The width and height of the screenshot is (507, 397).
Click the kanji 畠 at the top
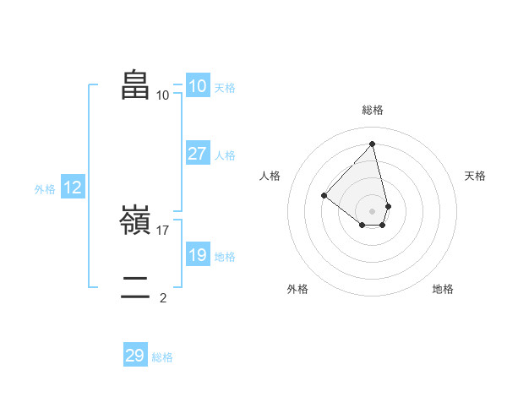tap(135, 84)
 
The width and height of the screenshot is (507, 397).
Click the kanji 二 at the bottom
tap(135, 287)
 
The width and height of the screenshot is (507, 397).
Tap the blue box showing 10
tap(197, 86)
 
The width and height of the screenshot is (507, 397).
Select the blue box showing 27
tap(197, 154)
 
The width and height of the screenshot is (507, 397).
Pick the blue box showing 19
tap(197, 255)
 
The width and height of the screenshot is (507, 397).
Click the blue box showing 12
tap(72, 188)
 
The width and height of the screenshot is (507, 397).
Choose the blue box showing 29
tap(135, 356)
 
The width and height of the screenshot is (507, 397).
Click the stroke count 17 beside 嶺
tap(163, 230)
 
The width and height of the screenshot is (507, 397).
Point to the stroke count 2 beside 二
tap(163, 297)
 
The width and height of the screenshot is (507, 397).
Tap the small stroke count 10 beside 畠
tap(163, 95)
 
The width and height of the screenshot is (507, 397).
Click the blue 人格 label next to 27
tap(225, 155)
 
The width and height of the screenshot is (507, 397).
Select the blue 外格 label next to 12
tap(45, 189)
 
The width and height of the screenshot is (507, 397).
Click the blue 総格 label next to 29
tap(162, 357)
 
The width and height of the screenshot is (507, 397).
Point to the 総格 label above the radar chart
tap(373, 110)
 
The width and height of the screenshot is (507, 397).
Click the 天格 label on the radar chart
tap(475, 176)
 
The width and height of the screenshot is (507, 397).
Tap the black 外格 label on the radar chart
tap(297, 289)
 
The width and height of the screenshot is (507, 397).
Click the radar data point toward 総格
tap(373, 143)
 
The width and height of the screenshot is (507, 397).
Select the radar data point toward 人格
tap(324, 196)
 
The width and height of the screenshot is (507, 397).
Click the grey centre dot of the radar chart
tap(373, 210)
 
